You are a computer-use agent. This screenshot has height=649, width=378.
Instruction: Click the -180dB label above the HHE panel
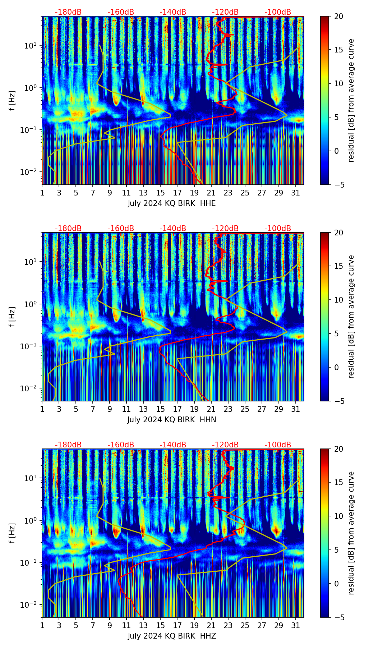(68, 12)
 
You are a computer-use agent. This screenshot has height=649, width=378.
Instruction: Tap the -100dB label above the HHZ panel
(278, 445)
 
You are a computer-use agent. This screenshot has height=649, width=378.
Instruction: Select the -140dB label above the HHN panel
(173, 229)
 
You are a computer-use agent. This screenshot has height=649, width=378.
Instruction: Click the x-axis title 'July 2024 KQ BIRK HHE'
(172, 203)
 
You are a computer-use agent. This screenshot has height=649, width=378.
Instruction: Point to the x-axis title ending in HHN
(172, 420)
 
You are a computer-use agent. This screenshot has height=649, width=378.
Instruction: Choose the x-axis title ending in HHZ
(172, 636)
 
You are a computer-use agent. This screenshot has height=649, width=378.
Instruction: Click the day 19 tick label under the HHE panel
(194, 193)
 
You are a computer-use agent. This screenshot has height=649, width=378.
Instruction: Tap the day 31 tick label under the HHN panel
(295, 409)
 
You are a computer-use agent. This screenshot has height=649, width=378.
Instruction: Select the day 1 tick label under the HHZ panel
(42, 626)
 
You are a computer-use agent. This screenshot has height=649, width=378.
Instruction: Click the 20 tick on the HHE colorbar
(339, 16)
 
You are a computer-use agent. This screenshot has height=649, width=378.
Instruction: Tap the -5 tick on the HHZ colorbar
(338, 617)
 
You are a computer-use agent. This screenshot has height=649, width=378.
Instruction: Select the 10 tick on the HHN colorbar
(339, 300)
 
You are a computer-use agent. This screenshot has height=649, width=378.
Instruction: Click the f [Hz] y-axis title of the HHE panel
(12, 101)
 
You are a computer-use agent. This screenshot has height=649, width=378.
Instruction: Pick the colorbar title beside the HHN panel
(351, 317)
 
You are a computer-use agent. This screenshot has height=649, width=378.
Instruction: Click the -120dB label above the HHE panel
(225, 12)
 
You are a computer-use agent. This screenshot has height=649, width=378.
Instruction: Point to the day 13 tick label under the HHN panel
(143, 409)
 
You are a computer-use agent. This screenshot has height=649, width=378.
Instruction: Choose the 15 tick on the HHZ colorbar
(339, 483)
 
